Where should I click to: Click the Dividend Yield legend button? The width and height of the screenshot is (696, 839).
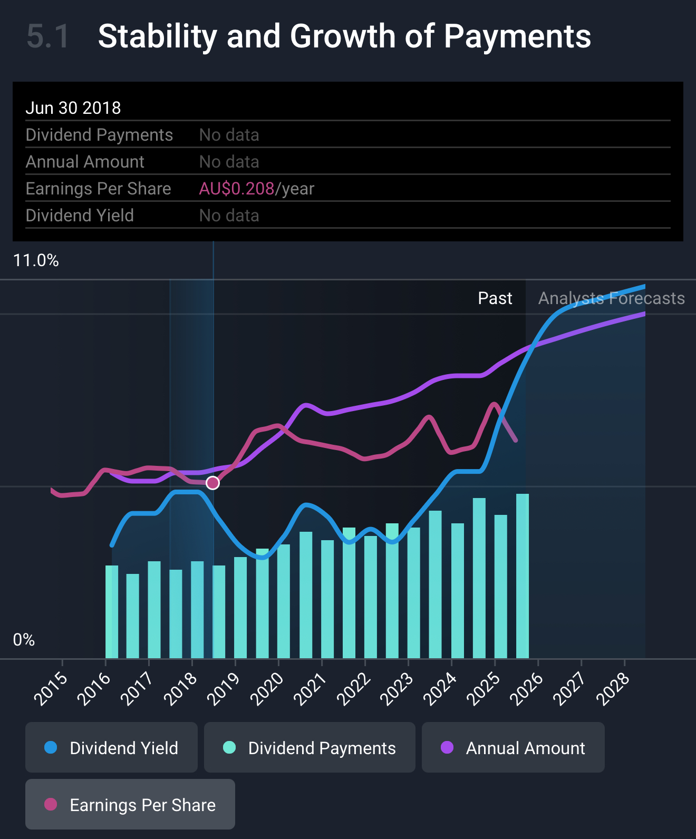(x=111, y=747)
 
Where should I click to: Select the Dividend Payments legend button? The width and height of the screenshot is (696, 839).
(x=310, y=747)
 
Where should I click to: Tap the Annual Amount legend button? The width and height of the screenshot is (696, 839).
(x=513, y=747)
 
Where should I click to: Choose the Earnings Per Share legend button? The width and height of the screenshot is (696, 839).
(x=130, y=804)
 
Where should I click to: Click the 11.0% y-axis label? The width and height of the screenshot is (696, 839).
(x=36, y=260)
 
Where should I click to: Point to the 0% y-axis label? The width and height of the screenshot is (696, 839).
(x=24, y=640)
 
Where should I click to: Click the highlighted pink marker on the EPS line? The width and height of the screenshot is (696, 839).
(x=212, y=483)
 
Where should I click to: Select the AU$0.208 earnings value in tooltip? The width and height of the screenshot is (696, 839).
(x=237, y=189)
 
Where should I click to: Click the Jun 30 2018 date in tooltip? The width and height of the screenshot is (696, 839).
(x=73, y=108)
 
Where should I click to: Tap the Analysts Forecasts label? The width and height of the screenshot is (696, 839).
(x=611, y=298)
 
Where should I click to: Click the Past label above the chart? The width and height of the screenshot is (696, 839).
(x=495, y=298)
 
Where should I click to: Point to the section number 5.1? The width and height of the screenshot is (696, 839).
(x=48, y=36)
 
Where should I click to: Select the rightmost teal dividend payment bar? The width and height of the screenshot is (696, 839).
(x=523, y=576)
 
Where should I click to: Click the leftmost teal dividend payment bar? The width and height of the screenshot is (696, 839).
(x=112, y=611)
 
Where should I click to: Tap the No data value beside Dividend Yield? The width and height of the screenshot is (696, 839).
(x=229, y=216)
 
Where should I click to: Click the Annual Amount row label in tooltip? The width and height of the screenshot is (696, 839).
(x=85, y=162)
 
